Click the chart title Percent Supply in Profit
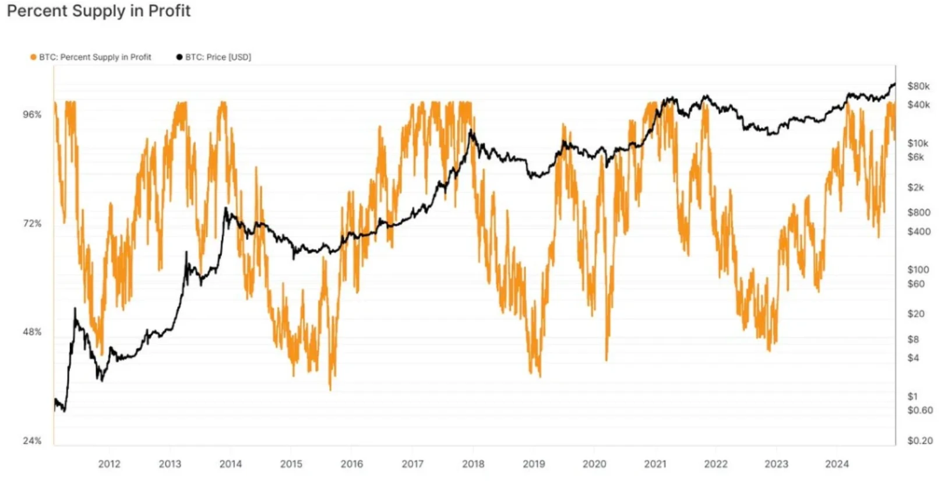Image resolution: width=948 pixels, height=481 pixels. [98, 11]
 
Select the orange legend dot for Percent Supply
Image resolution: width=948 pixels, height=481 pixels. [33, 57]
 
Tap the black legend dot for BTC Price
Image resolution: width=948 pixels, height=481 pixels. [179, 57]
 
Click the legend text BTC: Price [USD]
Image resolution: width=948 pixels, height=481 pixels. [218, 57]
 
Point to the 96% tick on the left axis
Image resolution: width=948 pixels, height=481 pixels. [33, 115]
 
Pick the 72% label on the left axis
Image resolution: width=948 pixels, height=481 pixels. [33, 224]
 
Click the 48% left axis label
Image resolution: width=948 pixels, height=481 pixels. [33, 332]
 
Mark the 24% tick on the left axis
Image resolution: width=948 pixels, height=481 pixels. [33, 441]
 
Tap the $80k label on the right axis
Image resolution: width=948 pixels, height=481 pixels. [918, 86]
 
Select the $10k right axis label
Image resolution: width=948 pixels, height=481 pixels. [918, 143]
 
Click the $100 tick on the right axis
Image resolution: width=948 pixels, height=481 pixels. [918, 270]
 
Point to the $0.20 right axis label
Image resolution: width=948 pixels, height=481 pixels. [920, 441]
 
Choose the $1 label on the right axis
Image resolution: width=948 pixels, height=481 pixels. [912, 396]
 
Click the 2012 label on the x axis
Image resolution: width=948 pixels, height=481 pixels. [109, 464]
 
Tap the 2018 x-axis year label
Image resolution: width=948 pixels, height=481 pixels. [473, 464]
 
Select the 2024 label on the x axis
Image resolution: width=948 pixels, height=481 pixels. [837, 464]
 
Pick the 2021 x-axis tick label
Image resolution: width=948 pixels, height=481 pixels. [655, 464]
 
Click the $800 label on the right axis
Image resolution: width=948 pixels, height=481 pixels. [918, 213]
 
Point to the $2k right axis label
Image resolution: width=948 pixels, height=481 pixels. [915, 188]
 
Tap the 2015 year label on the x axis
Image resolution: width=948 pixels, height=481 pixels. [291, 464]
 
